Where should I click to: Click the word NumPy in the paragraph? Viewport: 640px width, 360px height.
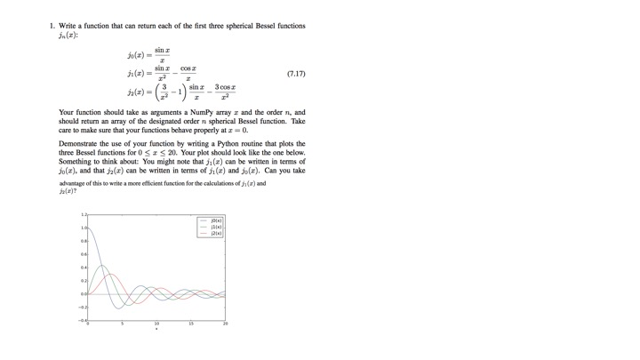[x=178, y=113]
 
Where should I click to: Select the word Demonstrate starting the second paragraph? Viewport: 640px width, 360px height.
[x=76, y=143]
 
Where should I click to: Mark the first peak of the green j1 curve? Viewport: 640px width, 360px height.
[x=102, y=266]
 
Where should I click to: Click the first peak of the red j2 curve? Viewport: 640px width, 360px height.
[x=111, y=275]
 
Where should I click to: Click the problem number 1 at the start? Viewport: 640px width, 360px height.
[x=52, y=25]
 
